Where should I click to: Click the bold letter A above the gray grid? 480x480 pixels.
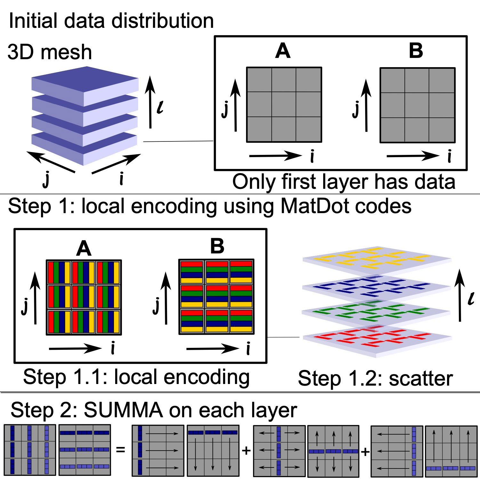(283, 51)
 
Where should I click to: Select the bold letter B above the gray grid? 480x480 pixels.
(416, 51)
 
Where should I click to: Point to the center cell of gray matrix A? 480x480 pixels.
(284, 105)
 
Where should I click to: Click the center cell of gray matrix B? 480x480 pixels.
(417, 105)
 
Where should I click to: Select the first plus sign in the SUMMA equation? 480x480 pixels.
(246, 451)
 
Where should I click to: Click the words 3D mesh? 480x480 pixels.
(50, 52)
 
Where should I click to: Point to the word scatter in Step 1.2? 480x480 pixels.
(421, 379)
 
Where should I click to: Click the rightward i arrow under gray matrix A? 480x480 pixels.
(275, 156)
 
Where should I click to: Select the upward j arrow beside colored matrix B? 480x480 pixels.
(166, 296)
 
